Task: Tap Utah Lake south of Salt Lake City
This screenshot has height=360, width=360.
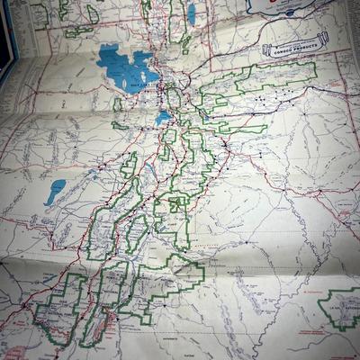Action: pyautogui.click(x=163, y=117)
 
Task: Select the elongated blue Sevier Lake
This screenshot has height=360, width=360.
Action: pyautogui.click(x=56, y=191)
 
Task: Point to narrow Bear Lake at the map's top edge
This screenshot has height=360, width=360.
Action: pyautogui.click(x=191, y=13)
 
